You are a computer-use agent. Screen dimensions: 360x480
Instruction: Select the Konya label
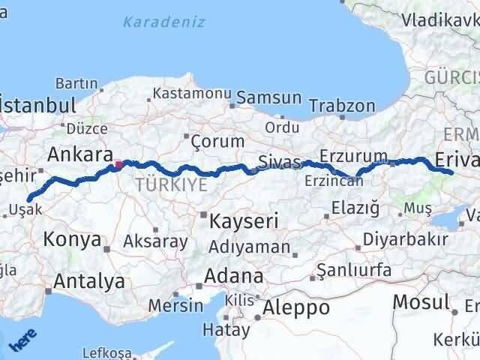point(72,240)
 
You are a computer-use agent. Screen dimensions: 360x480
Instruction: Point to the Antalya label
point(89,282)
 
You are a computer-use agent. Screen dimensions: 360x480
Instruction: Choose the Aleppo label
point(296,307)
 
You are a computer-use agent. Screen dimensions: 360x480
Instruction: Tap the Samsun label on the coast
point(270,98)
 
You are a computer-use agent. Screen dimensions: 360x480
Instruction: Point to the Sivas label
point(279,161)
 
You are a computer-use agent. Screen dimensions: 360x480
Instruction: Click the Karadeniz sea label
point(164,22)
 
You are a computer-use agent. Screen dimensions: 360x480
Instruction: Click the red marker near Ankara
point(118,163)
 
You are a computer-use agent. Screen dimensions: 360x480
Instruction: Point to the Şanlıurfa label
point(353,268)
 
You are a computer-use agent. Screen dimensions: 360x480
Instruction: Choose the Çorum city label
point(217,141)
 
